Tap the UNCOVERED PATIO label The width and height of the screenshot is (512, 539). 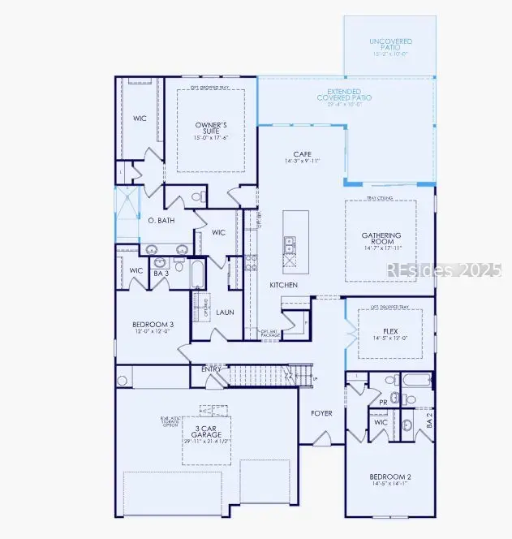pyautogui.click(x=390, y=41)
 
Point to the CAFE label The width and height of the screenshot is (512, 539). pyautogui.click(x=302, y=153)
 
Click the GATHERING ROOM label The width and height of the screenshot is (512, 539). pyautogui.click(x=381, y=239)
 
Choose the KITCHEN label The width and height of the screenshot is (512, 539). pyautogui.click(x=284, y=285)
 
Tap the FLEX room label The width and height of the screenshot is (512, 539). pyautogui.click(x=389, y=332)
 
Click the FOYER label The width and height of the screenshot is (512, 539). pyautogui.click(x=322, y=413)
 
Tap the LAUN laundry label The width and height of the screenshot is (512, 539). pyautogui.click(x=225, y=311)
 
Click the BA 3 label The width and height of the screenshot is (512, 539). pyautogui.click(x=161, y=274)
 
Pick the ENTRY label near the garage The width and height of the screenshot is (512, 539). pyautogui.click(x=211, y=369)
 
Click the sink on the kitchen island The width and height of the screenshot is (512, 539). pyautogui.click(x=289, y=242)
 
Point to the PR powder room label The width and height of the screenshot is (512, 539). pyautogui.click(x=382, y=402)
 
